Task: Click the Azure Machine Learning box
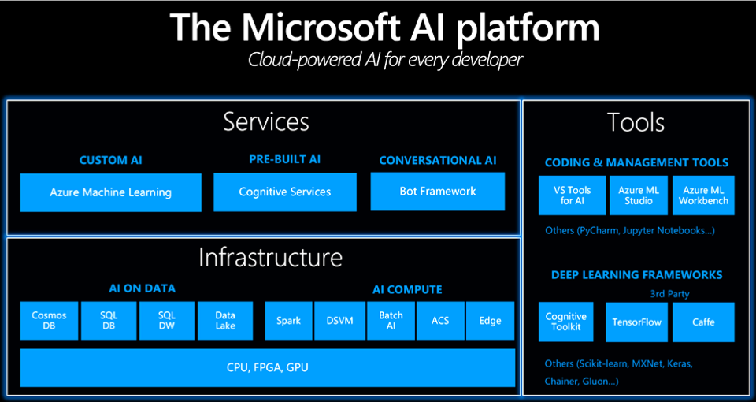pos(110,192)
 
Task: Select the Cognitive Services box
pos(284,192)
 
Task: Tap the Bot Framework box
pos(437,191)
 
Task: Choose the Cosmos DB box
pos(49,321)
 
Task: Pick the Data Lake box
pos(225,321)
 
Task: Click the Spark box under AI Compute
pos(288,321)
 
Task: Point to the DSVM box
pos(339,321)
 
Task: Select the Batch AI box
pos(391,321)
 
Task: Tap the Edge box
pos(490,321)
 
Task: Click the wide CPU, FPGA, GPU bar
pos(268,367)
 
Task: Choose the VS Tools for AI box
pos(571,195)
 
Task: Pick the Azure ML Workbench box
pos(705,195)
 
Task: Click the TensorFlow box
pos(638,322)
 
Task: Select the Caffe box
pos(703,322)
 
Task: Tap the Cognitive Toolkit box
pos(566,322)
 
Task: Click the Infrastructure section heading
pos(270,258)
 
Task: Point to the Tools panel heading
pos(636,123)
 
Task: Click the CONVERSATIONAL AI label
pos(438,160)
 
